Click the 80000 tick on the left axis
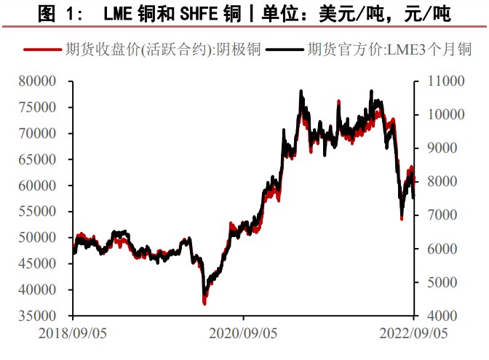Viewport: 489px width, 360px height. (49, 81)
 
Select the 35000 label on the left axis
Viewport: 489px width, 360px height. (49, 316)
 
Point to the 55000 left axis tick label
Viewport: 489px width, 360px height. (49, 212)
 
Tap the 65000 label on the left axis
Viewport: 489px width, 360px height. (49, 159)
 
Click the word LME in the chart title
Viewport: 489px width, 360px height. (119, 12)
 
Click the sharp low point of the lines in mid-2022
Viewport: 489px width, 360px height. (401, 217)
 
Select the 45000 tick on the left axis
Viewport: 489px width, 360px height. (49, 264)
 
